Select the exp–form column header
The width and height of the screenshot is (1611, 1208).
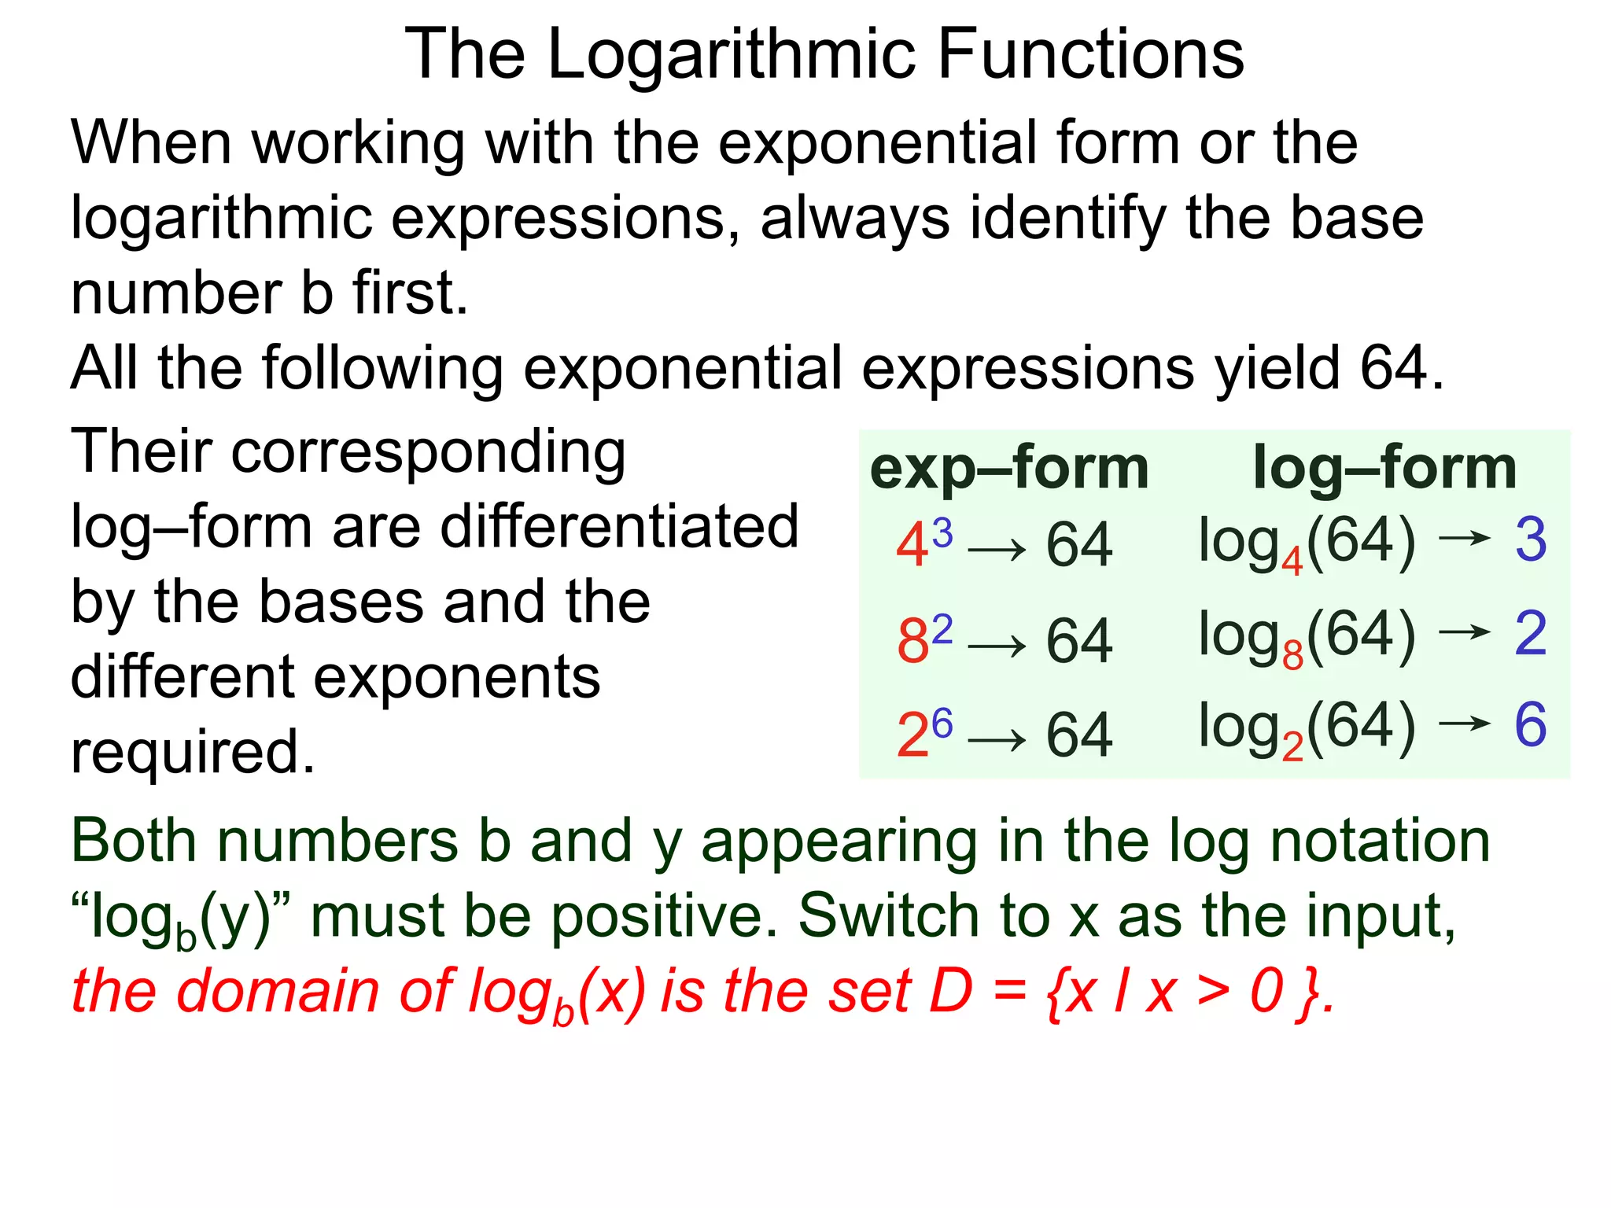tap(1009, 469)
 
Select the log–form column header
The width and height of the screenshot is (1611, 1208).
tap(1384, 468)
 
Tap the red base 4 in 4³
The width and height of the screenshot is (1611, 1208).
tap(912, 546)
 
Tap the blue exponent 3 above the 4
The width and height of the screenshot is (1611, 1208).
tap(942, 532)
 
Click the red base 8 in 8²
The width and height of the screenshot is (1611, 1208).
tap(912, 641)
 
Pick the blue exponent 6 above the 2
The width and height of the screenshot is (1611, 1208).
tap(942, 723)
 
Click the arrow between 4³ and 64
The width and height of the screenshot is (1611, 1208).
tap(997, 550)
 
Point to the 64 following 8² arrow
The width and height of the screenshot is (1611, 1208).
tap(1079, 641)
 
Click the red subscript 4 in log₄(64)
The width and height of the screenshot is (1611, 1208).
tap(1292, 562)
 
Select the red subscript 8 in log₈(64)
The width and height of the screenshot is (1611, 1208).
tap(1292, 655)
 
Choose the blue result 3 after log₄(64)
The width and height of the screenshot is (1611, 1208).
tap(1531, 540)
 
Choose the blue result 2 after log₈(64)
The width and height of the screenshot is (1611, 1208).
tap(1531, 633)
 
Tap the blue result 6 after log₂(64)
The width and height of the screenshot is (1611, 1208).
tap(1531, 725)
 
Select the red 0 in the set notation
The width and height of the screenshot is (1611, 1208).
tap(1267, 991)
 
